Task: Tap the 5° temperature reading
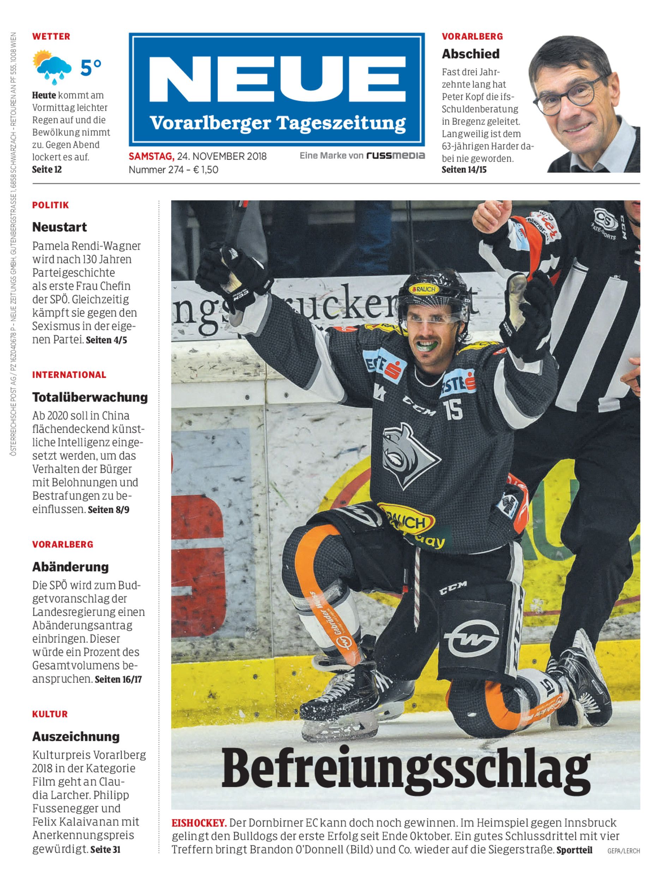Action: tap(91, 67)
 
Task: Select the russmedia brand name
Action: tap(395, 156)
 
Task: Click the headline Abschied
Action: tap(470, 54)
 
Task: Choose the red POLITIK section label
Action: tap(51, 205)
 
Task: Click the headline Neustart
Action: tap(60, 227)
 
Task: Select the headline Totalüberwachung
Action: tap(90, 397)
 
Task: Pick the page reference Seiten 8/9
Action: tap(108, 510)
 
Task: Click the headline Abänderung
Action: tap(70, 567)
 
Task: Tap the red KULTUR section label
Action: tap(50, 714)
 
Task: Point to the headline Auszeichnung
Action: tap(76, 736)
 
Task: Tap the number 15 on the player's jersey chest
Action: tap(453, 410)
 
